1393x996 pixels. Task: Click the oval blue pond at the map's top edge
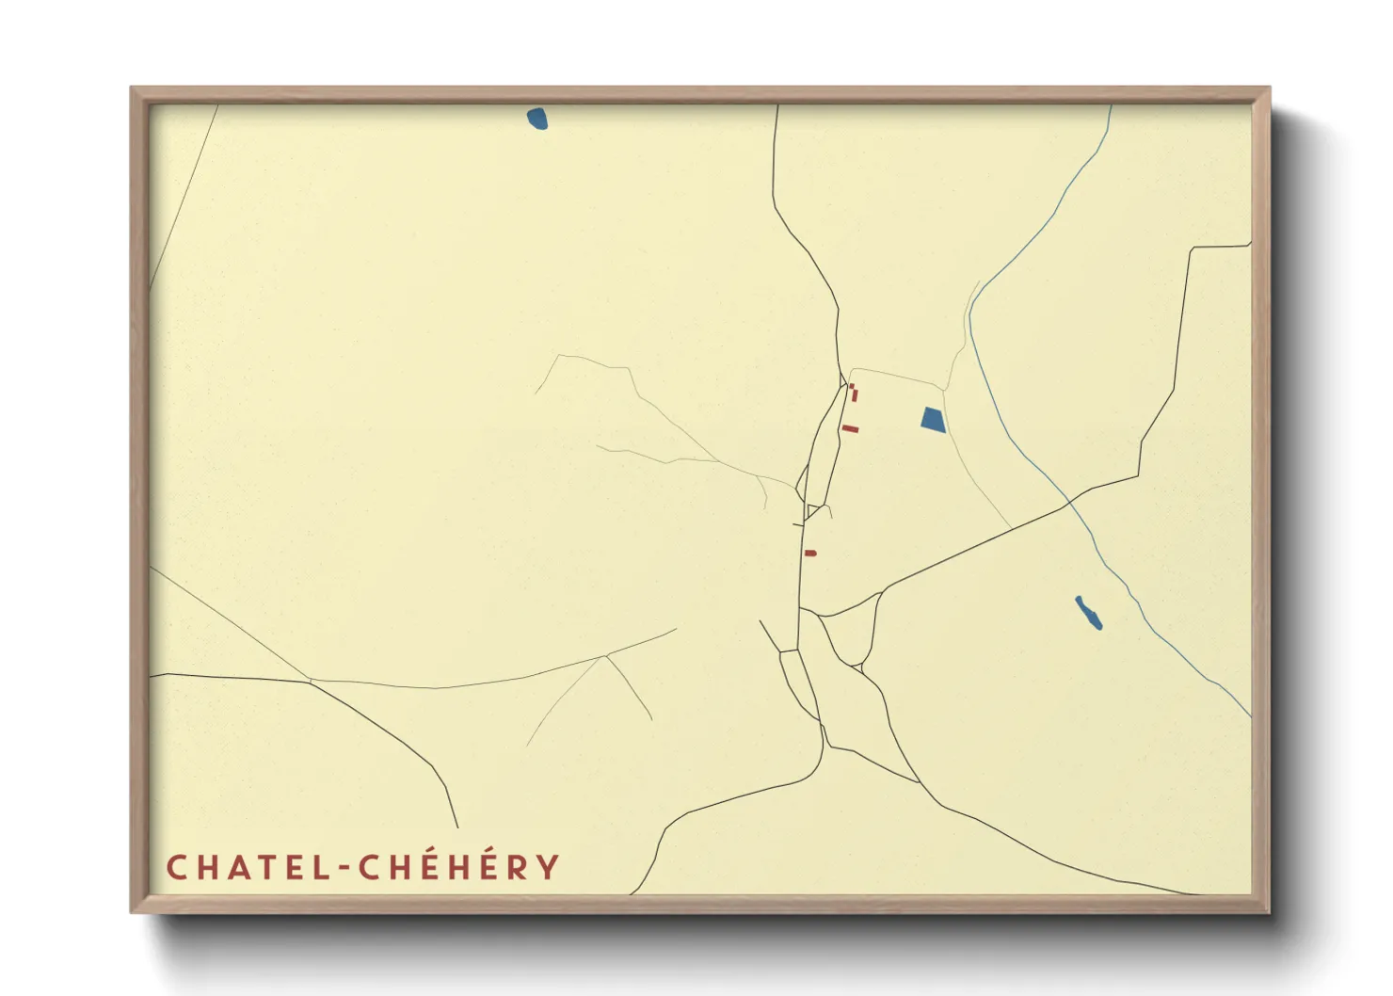pos(537,119)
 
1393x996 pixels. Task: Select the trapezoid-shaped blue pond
pos(933,419)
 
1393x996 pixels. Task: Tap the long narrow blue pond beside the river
pos(1089,613)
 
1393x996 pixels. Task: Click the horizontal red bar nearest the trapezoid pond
pos(851,429)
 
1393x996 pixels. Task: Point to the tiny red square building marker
pos(851,386)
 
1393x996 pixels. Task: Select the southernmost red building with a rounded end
pos(810,554)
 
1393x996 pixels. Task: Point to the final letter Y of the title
pos(547,867)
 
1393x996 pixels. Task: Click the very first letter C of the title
pos(176,867)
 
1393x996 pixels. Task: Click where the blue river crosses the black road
pos(1068,504)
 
